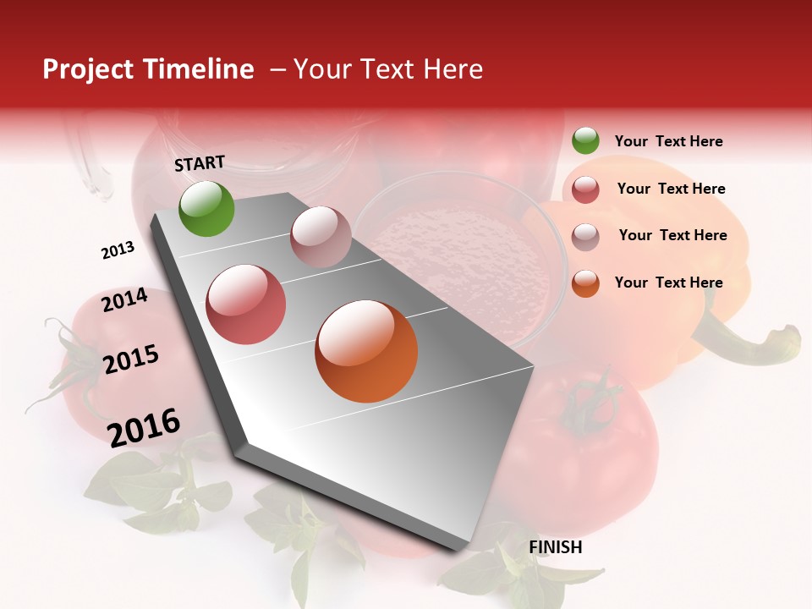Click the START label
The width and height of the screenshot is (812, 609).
coord(200,163)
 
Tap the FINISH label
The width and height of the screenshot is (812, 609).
coord(555,547)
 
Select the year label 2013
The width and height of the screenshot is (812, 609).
coord(118,250)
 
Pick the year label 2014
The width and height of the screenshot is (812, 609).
coord(124,300)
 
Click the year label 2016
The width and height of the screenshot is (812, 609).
coord(144,427)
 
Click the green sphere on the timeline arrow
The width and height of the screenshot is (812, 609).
coord(206,209)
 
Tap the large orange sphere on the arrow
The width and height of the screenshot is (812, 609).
coord(366,351)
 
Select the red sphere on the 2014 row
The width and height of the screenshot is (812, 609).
coord(246,304)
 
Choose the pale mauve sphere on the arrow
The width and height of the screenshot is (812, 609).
coord(321,237)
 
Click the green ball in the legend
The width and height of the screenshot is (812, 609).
coord(585,140)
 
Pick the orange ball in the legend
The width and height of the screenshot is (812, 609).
coord(585,283)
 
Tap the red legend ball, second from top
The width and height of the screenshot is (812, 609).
coord(585,189)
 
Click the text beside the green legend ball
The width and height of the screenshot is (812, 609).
coord(668,141)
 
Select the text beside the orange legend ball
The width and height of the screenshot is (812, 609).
coord(668,283)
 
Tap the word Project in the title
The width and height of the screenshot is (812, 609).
coord(88,69)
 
